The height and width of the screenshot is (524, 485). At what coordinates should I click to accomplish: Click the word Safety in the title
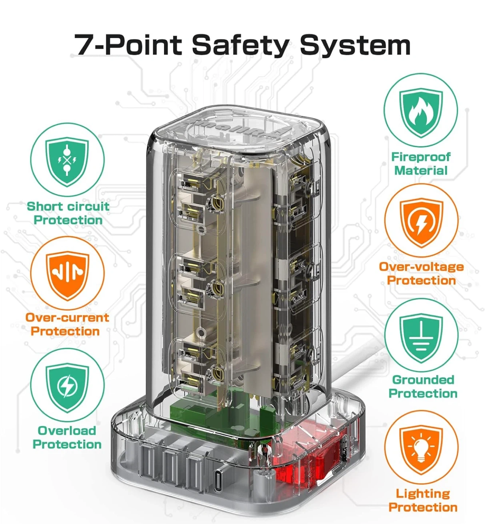click(240, 45)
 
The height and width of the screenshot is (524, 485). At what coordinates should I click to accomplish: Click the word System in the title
click(355, 45)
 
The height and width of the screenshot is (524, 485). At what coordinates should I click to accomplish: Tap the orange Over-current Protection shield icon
click(67, 275)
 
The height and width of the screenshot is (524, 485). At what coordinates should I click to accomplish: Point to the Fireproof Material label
click(421, 164)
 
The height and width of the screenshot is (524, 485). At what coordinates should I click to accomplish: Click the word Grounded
click(423, 380)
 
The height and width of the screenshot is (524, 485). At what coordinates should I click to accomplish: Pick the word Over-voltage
click(421, 267)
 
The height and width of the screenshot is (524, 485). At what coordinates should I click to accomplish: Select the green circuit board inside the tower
click(227, 412)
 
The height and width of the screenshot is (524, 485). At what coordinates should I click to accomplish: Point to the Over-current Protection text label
click(67, 324)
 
